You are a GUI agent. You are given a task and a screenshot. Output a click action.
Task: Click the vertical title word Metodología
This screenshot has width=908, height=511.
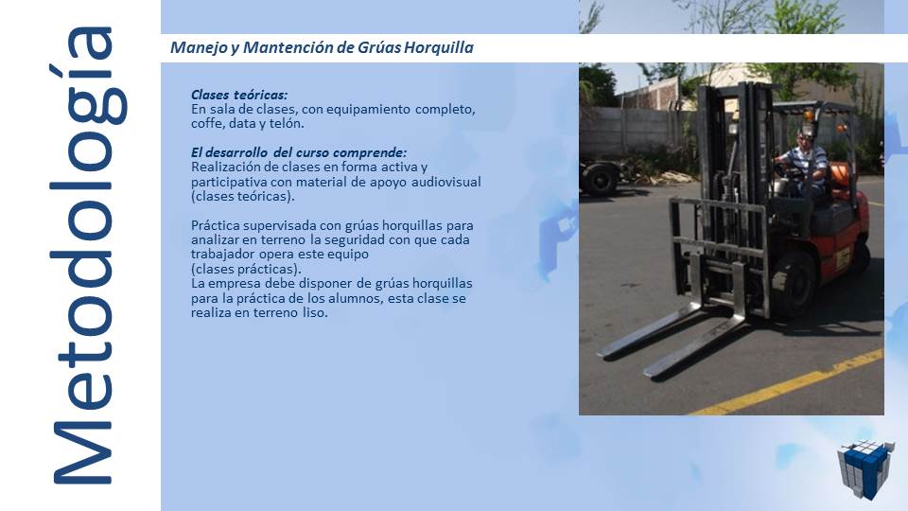click(83, 255)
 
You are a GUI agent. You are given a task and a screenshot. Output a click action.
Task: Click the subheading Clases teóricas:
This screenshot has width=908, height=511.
click(239, 95)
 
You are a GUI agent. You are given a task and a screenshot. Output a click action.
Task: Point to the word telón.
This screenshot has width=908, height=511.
click(285, 123)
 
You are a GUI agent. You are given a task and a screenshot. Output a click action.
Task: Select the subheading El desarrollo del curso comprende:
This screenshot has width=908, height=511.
click(299, 152)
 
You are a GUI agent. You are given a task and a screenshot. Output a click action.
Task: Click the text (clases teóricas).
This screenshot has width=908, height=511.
click(243, 196)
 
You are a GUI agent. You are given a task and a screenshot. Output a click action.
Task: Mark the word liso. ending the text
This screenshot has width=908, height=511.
click(312, 312)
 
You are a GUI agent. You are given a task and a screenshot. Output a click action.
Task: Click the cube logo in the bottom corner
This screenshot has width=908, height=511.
click(864, 469)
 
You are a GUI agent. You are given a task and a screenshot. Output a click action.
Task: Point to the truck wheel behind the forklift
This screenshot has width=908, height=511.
click(600, 179)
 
